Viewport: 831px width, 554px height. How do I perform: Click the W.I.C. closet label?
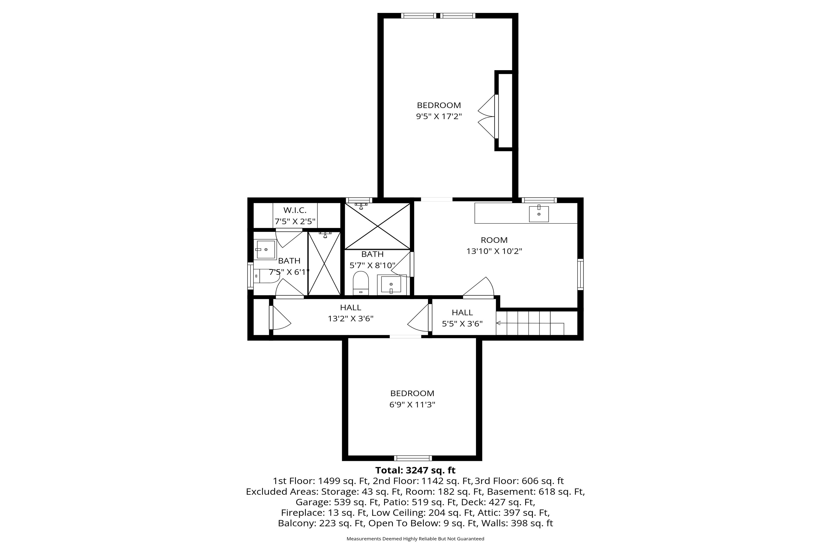pyautogui.click(x=295, y=210)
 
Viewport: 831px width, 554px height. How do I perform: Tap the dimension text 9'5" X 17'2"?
pyautogui.click(x=439, y=116)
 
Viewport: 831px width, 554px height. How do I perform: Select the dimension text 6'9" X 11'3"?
pyautogui.click(x=412, y=405)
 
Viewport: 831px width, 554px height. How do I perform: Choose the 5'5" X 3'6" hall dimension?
pyautogui.click(x=462, y=324)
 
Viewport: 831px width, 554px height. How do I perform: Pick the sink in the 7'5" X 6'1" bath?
pyautogui.click(x=265, y=250)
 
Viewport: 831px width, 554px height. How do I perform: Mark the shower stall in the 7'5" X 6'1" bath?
pyautogui.click(x=324, y=263)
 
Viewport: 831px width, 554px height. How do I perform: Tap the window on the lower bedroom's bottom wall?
pyautogui.click(x=413, y=458)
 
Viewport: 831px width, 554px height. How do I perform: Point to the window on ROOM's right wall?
pyautogui.click(x=580, y=274)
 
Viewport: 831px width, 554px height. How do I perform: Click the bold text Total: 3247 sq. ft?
pyautogui.click(x=415, y=470)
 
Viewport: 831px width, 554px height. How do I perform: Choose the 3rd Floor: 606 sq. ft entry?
pyautogui.click(x=519, y=481)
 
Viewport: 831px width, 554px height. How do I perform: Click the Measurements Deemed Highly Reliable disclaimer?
pyautogui.click(x=415, y=539)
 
